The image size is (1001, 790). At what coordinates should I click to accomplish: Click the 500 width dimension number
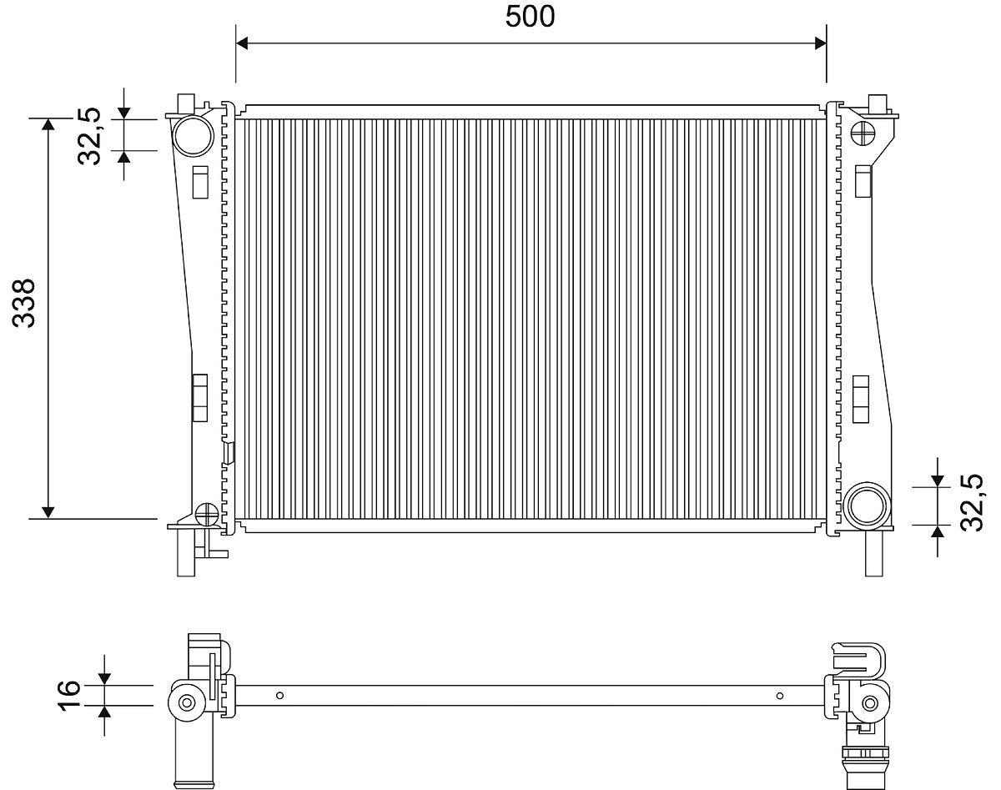530,16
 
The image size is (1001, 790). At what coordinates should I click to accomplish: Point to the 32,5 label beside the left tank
89,136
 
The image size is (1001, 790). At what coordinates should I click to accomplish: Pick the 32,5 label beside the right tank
973,503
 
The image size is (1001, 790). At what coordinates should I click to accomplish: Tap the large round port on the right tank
865,505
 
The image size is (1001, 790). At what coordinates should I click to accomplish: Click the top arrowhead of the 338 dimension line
48,125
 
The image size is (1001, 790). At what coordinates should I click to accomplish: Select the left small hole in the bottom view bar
280,695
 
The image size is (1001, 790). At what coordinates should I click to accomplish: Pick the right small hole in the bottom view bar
779,695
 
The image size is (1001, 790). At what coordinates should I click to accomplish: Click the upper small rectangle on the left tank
199,182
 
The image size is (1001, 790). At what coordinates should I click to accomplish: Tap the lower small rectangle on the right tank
862,398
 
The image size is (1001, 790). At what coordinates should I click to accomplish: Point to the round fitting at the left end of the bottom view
187,701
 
